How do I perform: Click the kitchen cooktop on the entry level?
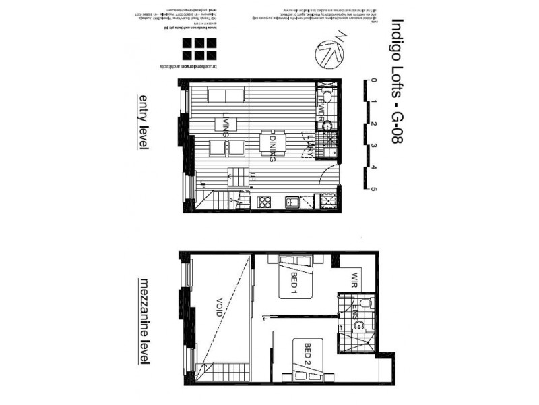pyautogui.click(x=263, y=202)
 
